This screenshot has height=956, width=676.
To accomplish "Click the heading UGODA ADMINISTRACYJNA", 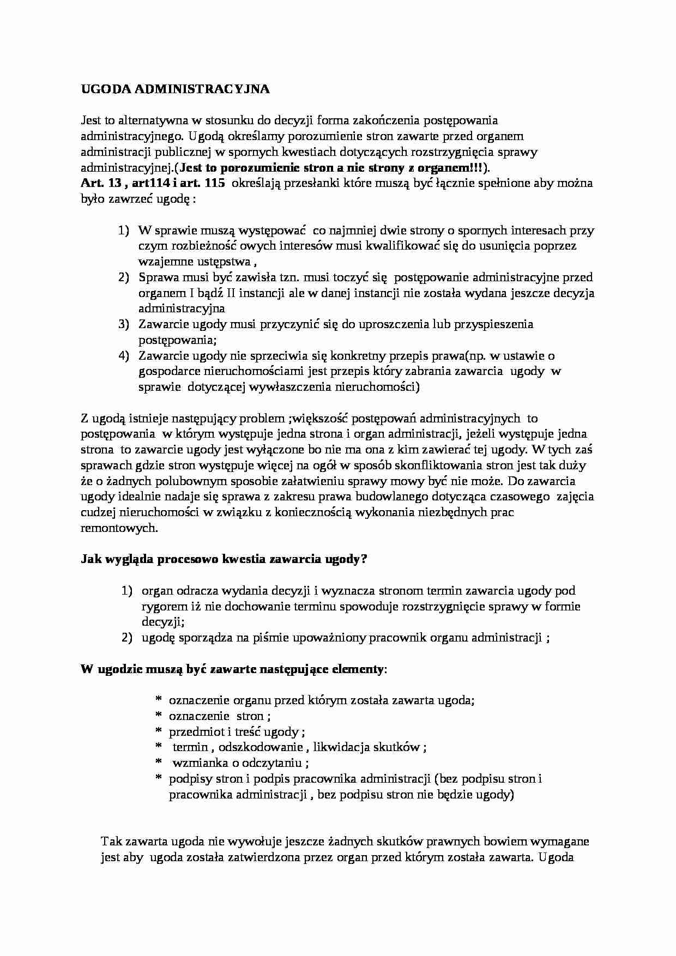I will (175, 89).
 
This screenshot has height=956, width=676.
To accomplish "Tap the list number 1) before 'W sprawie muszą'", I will (124, 231).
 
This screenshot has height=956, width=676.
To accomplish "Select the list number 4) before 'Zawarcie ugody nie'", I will (124, 356).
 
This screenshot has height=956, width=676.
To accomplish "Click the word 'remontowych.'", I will (119, 528).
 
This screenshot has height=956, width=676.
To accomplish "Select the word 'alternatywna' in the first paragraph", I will (150, 120).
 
